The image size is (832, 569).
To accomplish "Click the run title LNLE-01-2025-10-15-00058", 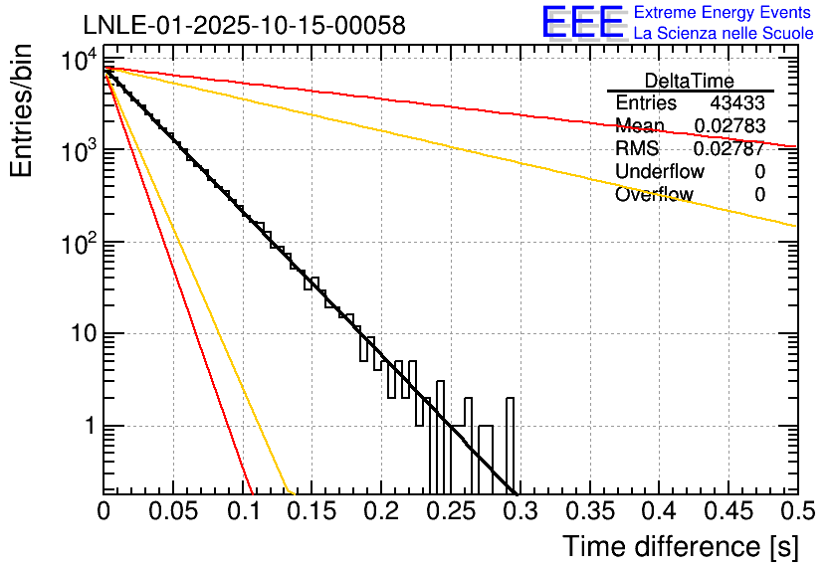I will pyautogui.click(x=244, y=26).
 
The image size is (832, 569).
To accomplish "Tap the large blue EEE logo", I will pyautogui.click(x=582, y=23).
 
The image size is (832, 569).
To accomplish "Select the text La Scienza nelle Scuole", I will pyautogui.click(x=723, y=34).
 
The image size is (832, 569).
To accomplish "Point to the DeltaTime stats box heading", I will pyautogui.click(x=690, y=81).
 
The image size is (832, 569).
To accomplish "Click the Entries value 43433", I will pyautogui.click(x=737, y=103).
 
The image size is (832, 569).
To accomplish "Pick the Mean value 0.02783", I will pyautogui.click(x=730, y=126).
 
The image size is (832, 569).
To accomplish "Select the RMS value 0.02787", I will pyautogui.click(x=730, y=149).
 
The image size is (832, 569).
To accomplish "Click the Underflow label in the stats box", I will pyautogui.click(x=660, y=172).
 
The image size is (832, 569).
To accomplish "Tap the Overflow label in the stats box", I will pyautogui.click(x=654, y=195).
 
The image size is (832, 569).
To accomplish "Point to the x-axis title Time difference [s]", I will pyautogui.click(x=681, y=546).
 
